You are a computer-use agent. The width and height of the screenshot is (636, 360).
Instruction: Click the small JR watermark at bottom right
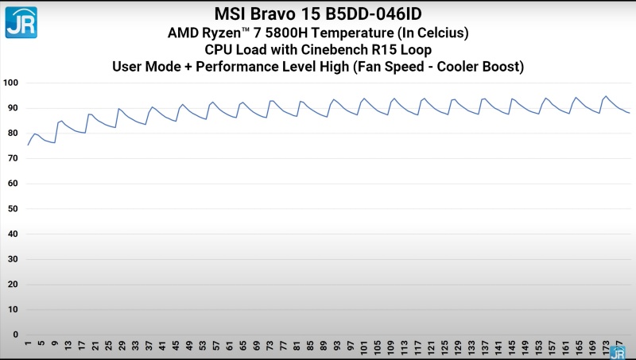617,352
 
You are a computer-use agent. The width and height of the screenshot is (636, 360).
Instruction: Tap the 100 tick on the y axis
11,83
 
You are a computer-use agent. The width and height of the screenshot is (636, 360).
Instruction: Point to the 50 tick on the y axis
14,208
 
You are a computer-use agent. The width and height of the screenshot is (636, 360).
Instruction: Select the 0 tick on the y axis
16,335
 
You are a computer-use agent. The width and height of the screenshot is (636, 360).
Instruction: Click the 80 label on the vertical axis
14,133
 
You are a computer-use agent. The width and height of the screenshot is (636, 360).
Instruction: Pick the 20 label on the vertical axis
14,284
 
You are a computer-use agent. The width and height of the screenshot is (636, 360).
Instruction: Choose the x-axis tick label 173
607,347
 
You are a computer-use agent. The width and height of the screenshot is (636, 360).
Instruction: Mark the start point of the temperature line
28,145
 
